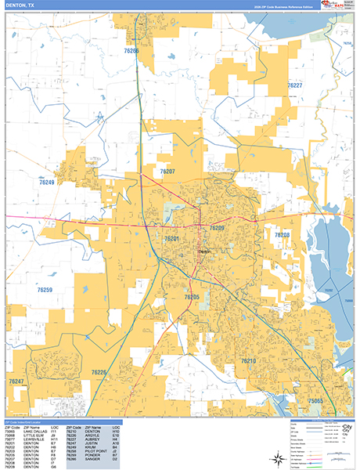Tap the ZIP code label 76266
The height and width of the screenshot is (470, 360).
point(131,51)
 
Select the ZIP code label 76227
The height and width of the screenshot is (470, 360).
point(294,85)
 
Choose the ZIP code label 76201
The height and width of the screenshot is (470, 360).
point(171,238)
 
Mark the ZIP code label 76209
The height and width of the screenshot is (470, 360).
point(217,227)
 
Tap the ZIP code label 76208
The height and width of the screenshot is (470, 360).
point(282,235)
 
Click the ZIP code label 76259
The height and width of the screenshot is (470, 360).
point(45,290)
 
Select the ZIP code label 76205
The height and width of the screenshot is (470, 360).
point(193,297)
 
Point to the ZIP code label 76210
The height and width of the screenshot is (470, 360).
point(248,360)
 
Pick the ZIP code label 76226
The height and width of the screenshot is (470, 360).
point(99,372)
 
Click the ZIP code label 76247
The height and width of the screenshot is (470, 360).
point(17,381)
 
